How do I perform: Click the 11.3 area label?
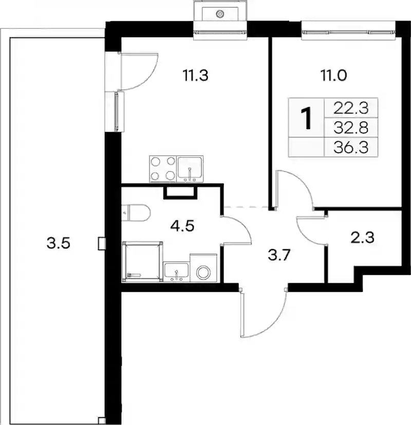click(x=196, y=76)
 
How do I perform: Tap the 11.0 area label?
click(x=333, y=76)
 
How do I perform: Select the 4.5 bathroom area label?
click(x=182, y=226)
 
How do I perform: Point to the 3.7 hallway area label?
click(x=279, y=255)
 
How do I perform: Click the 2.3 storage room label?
click(x=363, y=238)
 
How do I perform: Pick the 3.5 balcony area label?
click(x=58, y=243)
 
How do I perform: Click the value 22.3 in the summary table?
click(x=351, y=108)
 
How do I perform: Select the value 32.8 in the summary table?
click(x=351, y=127)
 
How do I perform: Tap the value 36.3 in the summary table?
click(x=351, y=147)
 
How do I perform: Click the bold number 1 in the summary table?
click(x=307, y=118)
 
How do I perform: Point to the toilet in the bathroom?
click(x=136, y=213)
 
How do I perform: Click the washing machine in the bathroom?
click(x=203, y=268)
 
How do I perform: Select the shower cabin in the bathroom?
click(x=142, y=262)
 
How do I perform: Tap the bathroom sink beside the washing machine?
click(x=176, y=272)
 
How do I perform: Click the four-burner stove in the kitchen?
click(x=163, y=169)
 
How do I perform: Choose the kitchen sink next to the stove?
click(x=190, y=169)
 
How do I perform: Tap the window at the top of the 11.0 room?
click(x=348, y=32)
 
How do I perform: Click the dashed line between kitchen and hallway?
click(x=247, y=207)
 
